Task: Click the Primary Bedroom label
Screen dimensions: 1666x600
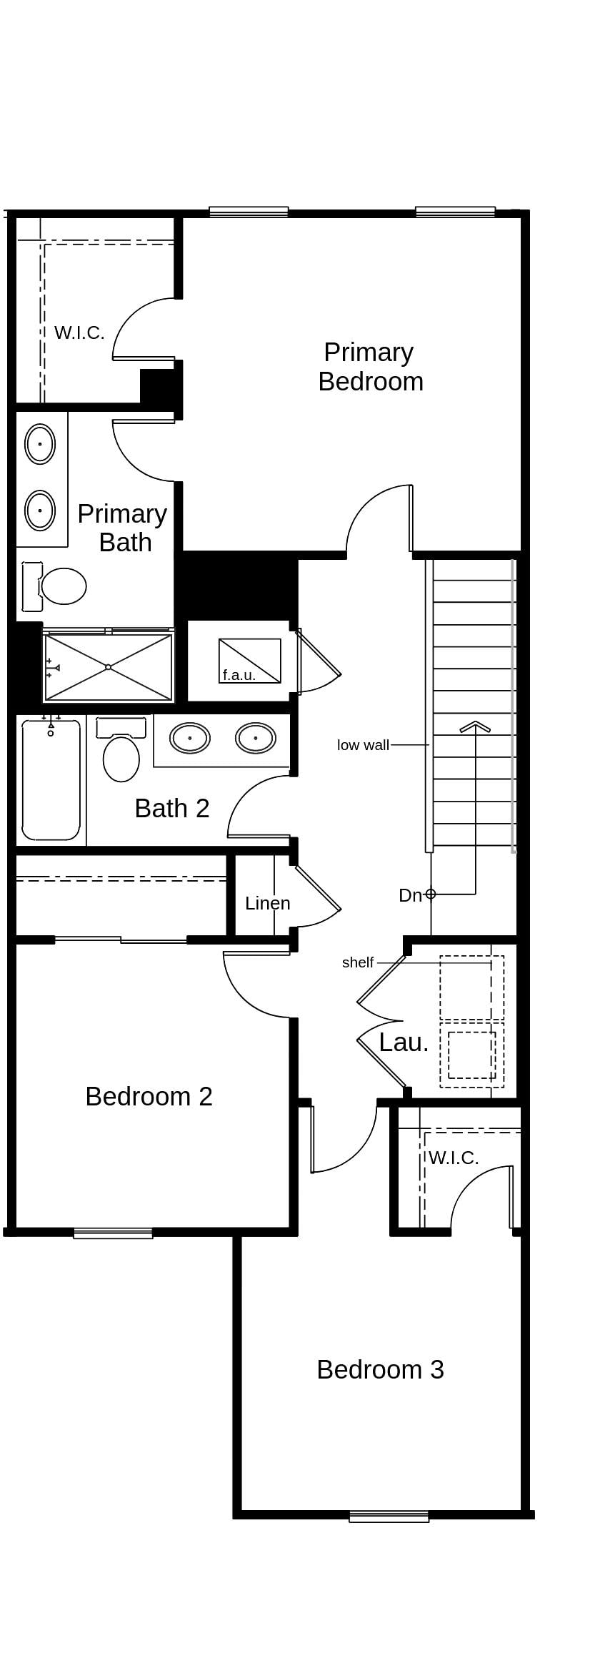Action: point(370,367)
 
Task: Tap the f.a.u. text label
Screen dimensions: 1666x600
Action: point(239,675)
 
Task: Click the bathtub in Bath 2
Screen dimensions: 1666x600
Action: point(51,781)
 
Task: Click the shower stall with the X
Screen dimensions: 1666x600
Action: point(109,667)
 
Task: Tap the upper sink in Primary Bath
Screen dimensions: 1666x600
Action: point(40,444)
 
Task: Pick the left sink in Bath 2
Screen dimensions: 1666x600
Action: point(190,738)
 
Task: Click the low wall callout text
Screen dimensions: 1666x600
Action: point(363,745)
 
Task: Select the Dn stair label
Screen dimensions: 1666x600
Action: point(410,895)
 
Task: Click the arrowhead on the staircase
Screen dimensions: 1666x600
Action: point(475,726)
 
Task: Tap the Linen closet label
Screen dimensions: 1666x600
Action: point(267,903)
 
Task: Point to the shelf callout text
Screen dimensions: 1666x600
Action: point(357,962)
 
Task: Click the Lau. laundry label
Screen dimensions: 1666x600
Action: point(404,1043)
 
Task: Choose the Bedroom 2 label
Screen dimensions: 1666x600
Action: point(149,1096)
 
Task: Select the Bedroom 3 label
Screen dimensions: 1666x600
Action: point(380,1369)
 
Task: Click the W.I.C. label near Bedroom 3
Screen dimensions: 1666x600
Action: point(454,1158)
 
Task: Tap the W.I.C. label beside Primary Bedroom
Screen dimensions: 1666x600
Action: point(79,332)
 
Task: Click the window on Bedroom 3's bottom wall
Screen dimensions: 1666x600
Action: point(389,1517)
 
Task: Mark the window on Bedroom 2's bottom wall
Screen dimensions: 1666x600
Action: point(113,1233)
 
